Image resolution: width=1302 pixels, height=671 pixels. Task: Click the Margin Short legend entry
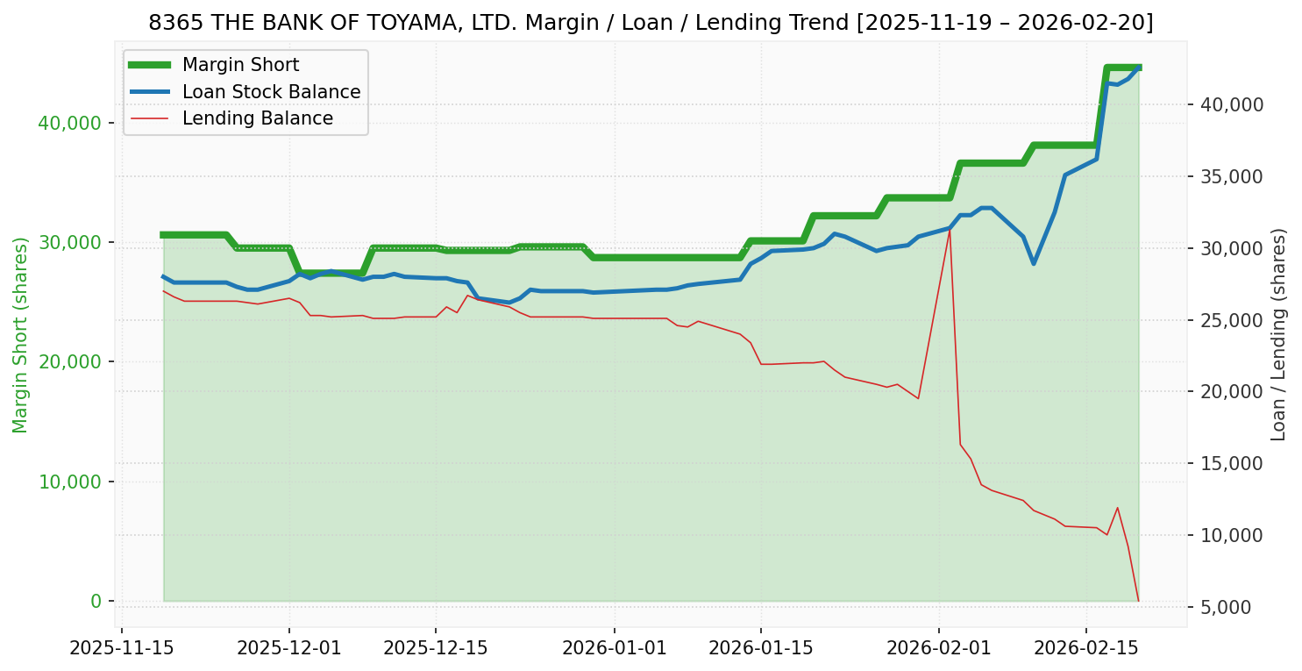240,65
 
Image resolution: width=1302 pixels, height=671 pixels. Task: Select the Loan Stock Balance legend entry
271,92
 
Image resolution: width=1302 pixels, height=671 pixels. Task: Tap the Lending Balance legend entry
257,118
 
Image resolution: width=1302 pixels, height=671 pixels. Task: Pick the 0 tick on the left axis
96,602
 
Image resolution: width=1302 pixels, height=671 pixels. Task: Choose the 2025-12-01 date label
289,649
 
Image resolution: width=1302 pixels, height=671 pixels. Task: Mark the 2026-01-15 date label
760,649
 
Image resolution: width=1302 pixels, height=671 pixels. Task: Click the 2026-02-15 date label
1086,649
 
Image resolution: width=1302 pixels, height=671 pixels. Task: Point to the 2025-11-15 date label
121,649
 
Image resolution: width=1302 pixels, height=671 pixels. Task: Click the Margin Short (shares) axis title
21,334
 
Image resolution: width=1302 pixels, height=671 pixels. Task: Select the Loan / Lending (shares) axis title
1278,334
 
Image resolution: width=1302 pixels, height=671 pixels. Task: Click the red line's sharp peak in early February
950,230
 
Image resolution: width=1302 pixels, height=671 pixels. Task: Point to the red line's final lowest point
1138,601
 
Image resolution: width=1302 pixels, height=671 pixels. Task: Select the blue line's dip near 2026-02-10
1034,263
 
